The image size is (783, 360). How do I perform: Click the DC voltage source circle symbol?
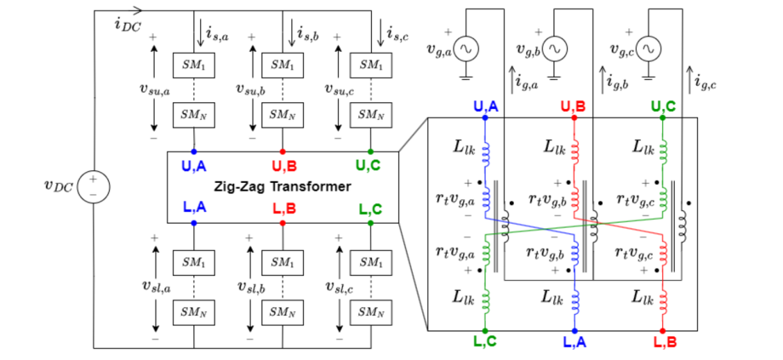click(x=93, y=186)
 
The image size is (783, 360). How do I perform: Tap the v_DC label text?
click(x=60, y=186)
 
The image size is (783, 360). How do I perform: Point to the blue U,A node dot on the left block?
click(x=194, y=151)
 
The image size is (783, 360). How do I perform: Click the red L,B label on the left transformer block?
click(x=282, y=209)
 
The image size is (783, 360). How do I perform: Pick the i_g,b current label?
click(x=615, y=82)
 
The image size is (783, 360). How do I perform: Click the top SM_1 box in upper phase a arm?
click(x=194, y=64)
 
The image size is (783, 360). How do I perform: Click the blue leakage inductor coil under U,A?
click(x=486, y=152)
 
